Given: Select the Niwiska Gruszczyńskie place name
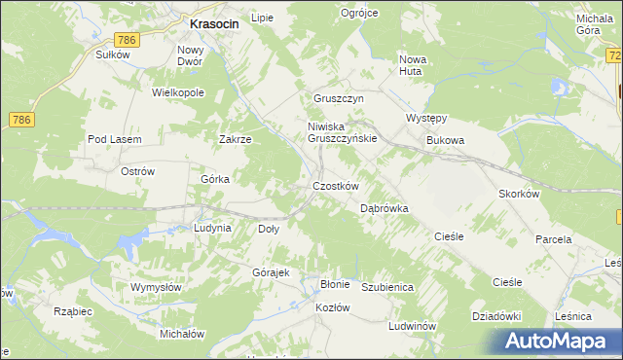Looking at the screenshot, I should [x=342, y=132].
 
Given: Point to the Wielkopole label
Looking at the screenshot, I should [x=177, y=92].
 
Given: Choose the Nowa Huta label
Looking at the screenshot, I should [x=414, y=65].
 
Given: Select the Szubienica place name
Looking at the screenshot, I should [x=388, y=288].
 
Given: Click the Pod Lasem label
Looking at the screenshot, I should [x=115, y=139].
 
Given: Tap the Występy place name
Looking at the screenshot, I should [x=425, y=119].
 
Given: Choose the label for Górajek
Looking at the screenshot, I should [x=272, y=272].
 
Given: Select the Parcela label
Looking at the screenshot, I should [x=553, y=238].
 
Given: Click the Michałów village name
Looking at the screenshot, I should [x=182, y=333].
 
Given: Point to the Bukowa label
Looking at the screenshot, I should [x=445, y=140].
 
